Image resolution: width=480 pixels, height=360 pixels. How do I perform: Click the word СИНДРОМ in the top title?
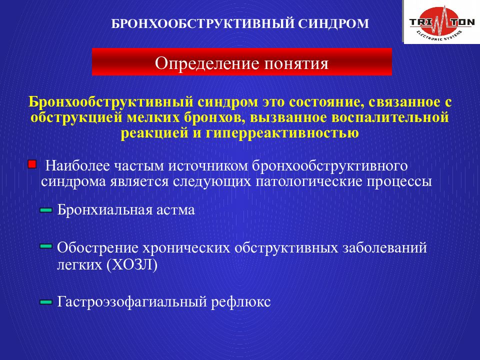pyautogui.click(x=333, y=24)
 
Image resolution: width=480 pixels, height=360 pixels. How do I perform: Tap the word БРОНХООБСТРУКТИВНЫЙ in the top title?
pyautogui.click(x=202, y=24)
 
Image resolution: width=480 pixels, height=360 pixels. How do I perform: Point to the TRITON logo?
pyautogui.click(x=441, y=22)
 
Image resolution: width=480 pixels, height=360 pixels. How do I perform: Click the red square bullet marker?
pyautogui.click(x=32, y=164)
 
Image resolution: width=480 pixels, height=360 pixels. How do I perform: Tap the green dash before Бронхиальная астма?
pyautogui.click(x=46, y=210)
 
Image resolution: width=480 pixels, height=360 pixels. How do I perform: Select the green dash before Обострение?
pyautogui.click(x=46, y=246)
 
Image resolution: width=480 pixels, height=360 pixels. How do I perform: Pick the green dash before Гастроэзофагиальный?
pyautogui.click(x=46, y=302)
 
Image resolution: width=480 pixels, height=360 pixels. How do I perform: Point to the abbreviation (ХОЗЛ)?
pyautogui.click(x=131, y=265)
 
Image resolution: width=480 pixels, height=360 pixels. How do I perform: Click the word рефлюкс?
pyautogui.click(x=241, y=302)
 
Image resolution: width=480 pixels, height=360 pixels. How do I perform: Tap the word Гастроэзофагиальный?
pyautogui.click(x=132, y=302)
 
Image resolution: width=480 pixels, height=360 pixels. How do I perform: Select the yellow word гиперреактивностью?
pyautogui.click(x=282, y=133)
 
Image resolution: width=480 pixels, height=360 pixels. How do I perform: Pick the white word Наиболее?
pyautogui.click(x=77, y=166)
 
